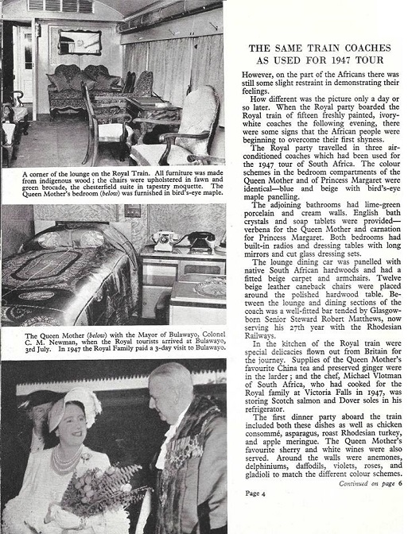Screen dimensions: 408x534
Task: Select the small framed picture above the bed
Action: [x=132, y=211]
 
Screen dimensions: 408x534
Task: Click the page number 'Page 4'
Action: [x=255, y=514]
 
